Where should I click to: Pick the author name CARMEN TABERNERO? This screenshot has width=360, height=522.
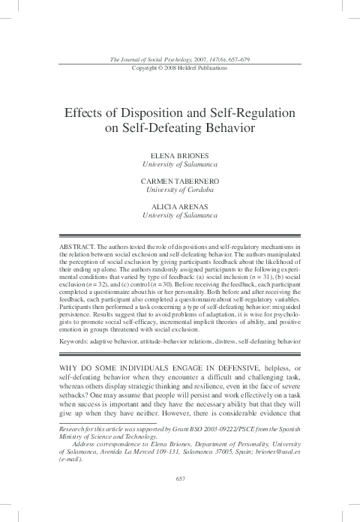(x=179, y=181)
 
